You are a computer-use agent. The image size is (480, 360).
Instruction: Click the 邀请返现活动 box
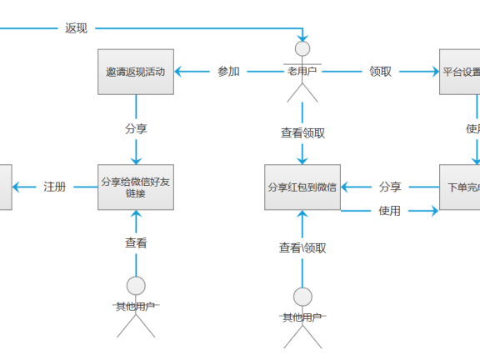click(x=136, y=72)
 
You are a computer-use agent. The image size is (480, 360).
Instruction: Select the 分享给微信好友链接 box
click(x=136, y=187)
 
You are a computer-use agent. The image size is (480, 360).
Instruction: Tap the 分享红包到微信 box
click(x=302, y=187)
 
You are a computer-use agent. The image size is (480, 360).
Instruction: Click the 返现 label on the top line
click(x=76, y=27)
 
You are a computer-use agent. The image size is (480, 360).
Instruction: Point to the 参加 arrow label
click(x=228, y=72)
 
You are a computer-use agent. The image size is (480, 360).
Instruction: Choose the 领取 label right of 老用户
click(x=380, y=72)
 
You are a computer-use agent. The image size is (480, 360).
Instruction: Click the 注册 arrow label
click(x=55, y=187)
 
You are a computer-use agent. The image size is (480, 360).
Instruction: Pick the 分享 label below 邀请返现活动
click(x=136, y=129)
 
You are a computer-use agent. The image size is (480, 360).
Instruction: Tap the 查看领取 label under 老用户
click(x=302, y=132)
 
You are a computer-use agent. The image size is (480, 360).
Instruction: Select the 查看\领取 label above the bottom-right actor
click(x=302, y=247)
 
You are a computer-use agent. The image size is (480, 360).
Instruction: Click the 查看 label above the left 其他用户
click(x=136, y=243)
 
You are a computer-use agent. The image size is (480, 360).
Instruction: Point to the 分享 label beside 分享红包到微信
click(x=390, y=187)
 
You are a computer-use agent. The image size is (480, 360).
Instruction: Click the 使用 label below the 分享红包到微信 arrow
click(x=389, y=211)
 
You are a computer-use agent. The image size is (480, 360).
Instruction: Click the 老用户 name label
click(x=302, y=72)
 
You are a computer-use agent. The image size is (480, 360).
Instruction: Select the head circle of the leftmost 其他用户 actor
click(x=136, y=286)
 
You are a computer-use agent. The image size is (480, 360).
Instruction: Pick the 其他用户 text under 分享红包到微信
click(x=302, y=317)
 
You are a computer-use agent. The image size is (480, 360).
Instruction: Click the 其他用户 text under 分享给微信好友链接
click(x=136, y=307)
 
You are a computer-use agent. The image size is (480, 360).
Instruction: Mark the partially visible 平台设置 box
click(x=460, y=72)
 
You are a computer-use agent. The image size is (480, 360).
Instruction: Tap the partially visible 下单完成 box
click(x=460, y=187)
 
